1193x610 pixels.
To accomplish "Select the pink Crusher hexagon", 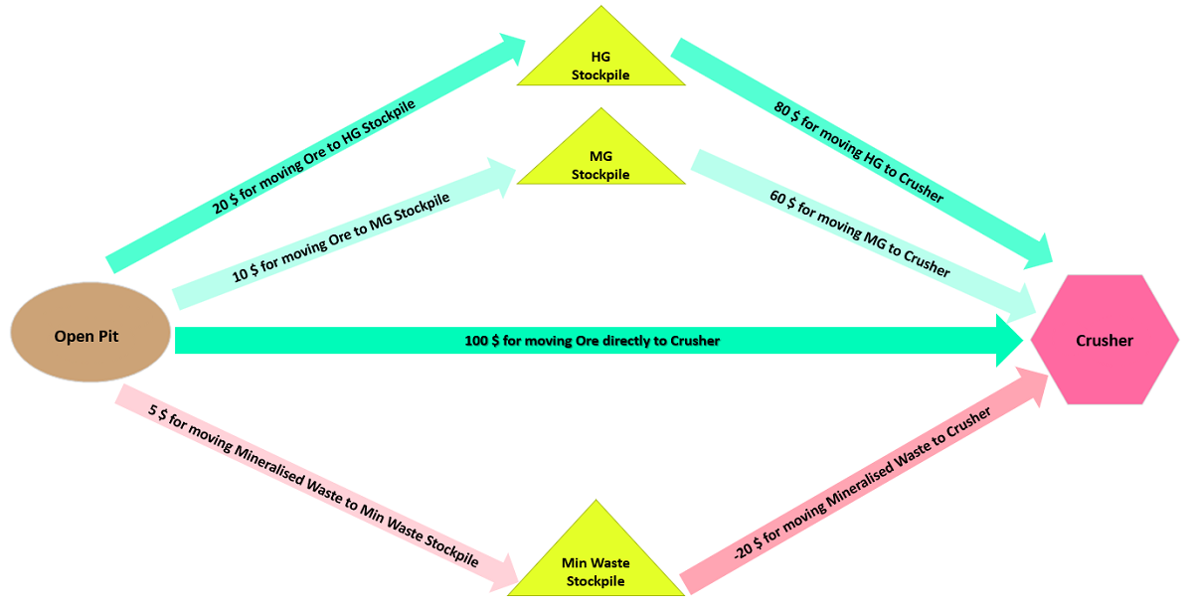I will pos(1105,341).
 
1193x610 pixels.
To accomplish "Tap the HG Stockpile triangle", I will pos(600,61).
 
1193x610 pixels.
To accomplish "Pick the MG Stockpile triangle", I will pos(600,162).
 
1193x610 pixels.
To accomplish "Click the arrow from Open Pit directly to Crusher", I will pos(596,341).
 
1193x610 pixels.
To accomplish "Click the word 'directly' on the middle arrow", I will pos(638,341).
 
